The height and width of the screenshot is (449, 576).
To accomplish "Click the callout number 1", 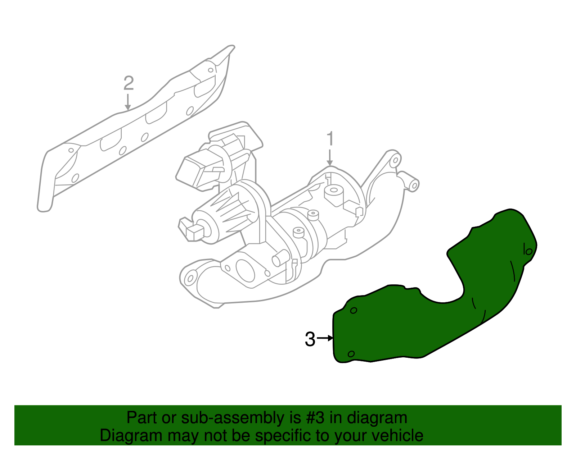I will [330, 139].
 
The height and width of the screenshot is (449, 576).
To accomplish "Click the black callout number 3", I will [310, 339].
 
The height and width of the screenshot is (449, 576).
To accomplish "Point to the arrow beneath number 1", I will [330, 158].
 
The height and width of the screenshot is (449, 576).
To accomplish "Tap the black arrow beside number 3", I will [325, 338].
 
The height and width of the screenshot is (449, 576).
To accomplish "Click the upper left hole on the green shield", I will [354, 310].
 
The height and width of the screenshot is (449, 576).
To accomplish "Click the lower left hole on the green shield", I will [351, 354].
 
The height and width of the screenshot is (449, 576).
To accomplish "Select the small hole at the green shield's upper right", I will [528, 251].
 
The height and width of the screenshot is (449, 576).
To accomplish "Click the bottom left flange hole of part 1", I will [190, 278].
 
